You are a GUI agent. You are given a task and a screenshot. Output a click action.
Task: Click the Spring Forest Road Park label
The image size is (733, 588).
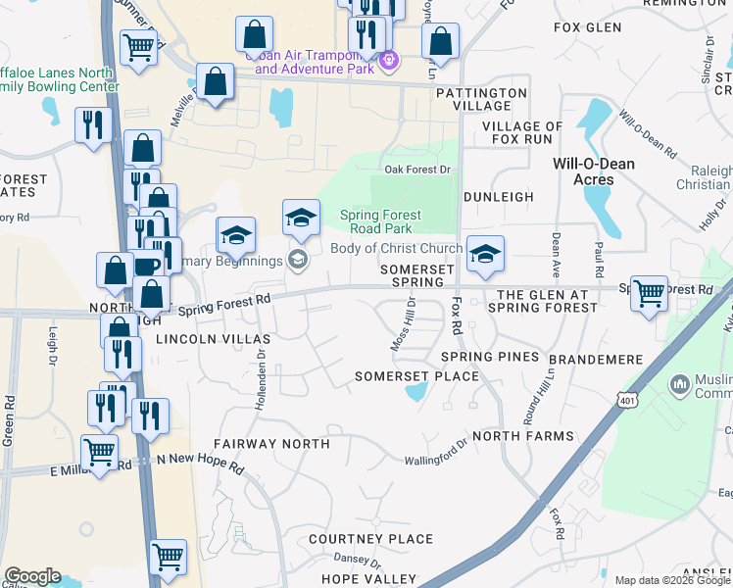point(380,221)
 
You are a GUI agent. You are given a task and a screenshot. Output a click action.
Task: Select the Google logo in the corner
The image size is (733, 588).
point(32,576)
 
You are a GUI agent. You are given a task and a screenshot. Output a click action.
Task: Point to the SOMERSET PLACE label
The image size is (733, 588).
point(416,376)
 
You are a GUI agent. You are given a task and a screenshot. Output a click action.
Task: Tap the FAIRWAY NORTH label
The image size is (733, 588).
point(271,444)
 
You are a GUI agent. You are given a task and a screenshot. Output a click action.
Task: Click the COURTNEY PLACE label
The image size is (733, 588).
point(370,539)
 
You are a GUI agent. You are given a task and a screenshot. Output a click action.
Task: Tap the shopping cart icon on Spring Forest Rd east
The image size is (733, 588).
point(649,293)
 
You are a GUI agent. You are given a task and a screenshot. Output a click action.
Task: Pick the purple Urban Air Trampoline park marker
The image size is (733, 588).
point(389,61)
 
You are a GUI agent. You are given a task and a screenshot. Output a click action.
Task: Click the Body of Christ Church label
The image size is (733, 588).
point(396,249)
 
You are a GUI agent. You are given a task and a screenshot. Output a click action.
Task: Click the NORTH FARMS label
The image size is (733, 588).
point(522,435)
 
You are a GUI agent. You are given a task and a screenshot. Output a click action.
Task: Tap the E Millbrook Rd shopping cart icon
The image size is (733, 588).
point(99,454)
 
